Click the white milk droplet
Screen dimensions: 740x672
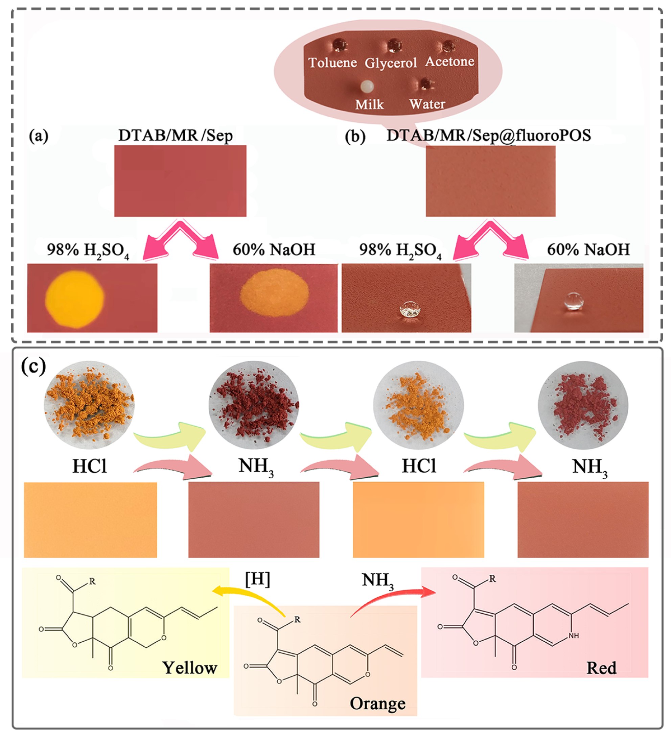point(367,87)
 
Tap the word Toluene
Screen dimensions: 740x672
point(332,63)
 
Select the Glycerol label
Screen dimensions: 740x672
point(391,63)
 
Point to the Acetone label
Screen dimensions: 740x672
point(449,61)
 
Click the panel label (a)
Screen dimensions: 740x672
point(39,136)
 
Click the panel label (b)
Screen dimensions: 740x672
point(355,136)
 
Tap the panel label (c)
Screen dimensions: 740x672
point(33,366)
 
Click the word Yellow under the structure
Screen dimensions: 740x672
point(190,668)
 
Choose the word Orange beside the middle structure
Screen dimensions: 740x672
point(377,704)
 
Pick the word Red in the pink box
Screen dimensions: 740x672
point(601,668)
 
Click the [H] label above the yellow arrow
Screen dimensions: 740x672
point(257,579)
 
